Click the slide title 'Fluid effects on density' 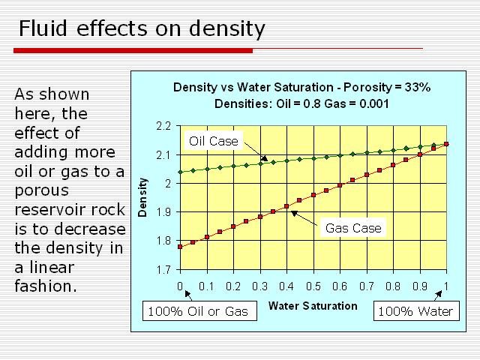coord(142,29)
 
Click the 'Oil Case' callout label coord(213,140)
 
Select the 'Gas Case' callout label coord(353,228)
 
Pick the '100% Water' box coord(415,311)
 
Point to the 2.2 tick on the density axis coord(164,126)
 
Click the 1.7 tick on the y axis coord(164,269)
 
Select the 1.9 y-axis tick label coord(164,212)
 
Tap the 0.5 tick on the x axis coord(313,286)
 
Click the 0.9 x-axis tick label coord(419,286)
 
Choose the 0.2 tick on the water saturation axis coord(233,286)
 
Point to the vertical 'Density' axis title coord(142,197)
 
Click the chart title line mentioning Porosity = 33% coord(301,87)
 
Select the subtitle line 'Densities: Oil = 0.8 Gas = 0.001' coord(301,103)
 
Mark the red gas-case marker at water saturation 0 coord(180,246)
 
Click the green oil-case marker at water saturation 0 coord(180,172)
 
